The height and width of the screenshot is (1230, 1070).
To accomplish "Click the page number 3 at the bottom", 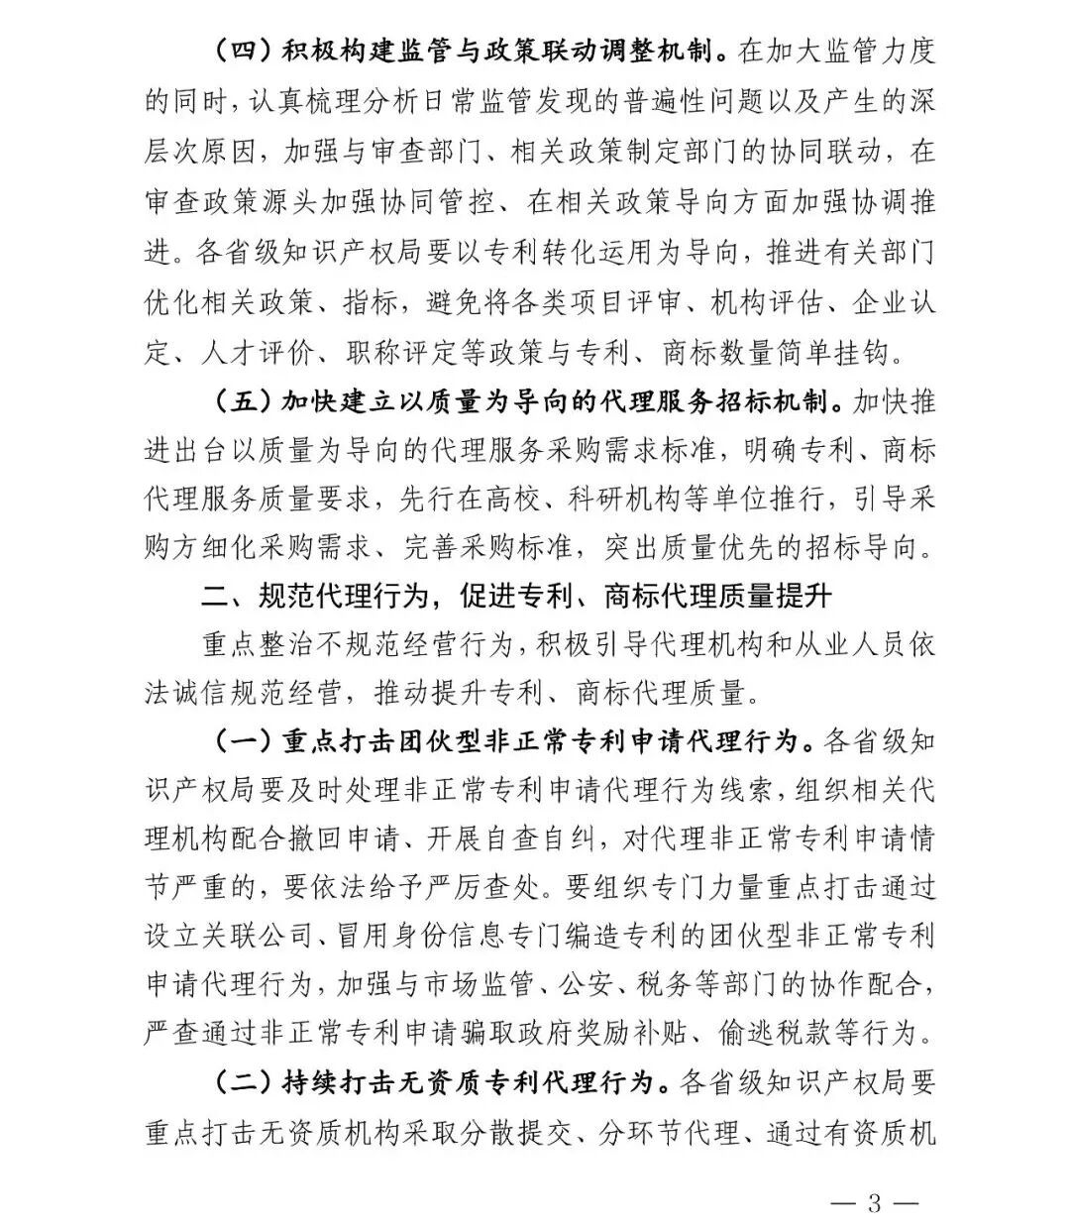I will (873, 1203).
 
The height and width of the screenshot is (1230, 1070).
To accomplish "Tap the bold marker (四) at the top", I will (244, 53).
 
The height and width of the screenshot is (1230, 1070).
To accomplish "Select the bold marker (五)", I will (244, 402).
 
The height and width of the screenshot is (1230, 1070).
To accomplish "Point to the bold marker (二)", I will (244, 1082).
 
